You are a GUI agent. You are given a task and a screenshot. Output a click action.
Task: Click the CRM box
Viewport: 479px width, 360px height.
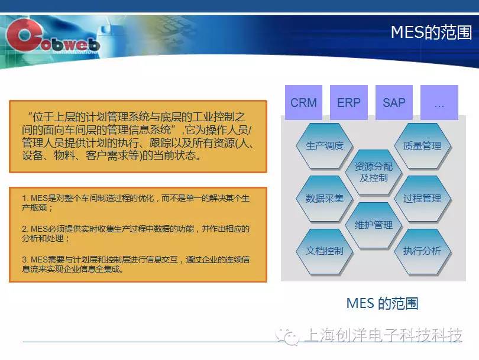303,102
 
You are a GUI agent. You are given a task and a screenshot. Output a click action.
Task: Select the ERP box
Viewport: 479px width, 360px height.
349,102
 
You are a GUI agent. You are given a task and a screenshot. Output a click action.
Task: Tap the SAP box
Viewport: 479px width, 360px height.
394,102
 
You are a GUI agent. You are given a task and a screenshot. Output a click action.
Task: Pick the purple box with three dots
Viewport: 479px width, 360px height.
439,102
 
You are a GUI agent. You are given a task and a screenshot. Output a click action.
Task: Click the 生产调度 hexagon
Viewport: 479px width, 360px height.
325,146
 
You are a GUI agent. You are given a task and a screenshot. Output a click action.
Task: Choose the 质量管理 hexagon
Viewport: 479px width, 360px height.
422,146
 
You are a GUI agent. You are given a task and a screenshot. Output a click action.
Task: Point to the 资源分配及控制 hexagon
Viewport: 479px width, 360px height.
374,172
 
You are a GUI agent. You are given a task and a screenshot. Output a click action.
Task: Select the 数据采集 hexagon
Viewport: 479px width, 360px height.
325,199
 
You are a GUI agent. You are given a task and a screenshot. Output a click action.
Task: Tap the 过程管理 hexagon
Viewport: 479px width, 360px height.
422,199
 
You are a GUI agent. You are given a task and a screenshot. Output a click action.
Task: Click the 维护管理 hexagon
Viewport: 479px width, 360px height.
374,225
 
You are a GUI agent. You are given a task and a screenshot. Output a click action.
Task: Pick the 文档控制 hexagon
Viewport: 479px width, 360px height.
325,251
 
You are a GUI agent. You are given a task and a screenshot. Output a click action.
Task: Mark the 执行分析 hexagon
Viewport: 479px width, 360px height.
422,251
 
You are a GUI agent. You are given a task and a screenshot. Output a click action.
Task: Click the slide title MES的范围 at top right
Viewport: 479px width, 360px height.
431,32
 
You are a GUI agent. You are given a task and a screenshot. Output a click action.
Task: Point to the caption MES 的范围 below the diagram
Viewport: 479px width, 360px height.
382,303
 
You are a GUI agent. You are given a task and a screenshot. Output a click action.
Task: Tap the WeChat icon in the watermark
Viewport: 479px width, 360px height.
287,336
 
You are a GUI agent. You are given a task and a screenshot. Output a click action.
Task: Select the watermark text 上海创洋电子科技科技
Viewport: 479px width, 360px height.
383,335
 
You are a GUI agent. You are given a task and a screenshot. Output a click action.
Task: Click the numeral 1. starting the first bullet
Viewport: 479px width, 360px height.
25,199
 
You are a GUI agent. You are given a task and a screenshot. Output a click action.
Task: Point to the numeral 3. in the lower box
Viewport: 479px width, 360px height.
25,260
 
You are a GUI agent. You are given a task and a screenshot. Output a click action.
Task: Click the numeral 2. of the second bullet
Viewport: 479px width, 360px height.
25,229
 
